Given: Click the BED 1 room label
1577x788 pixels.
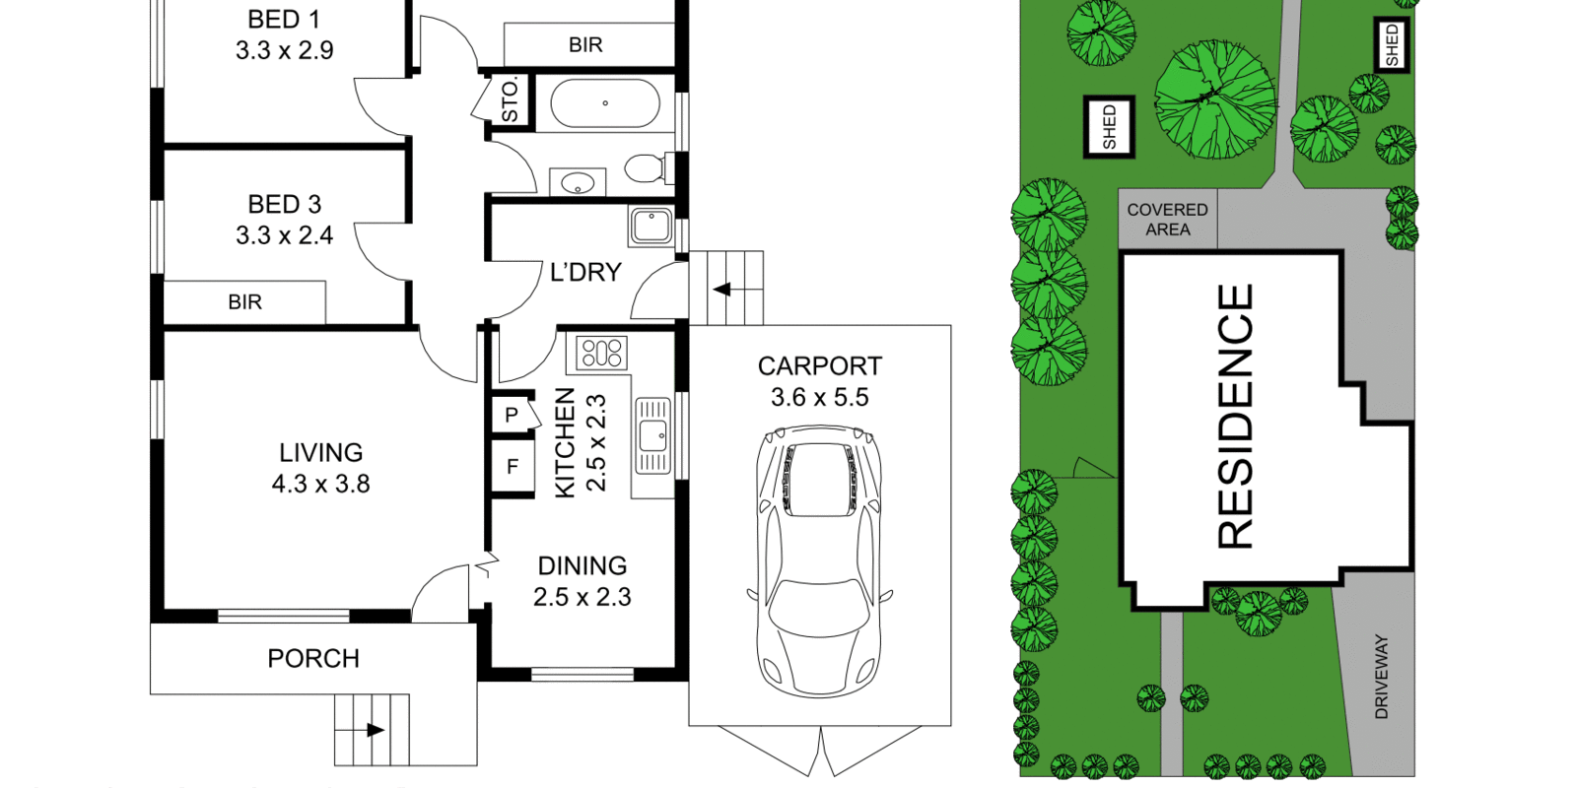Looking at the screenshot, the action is (285, 20).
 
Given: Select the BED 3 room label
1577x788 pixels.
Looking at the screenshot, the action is (285, 205).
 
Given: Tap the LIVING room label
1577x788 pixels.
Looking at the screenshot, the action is (321, 452).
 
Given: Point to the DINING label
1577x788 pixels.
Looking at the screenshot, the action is (583, 565).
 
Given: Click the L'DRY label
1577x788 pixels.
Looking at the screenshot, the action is (585, 272).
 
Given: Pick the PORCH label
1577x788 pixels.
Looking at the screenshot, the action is (313, 659).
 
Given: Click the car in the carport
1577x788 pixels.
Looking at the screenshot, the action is (819, 561).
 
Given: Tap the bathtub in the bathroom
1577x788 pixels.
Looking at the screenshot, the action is (605, 103).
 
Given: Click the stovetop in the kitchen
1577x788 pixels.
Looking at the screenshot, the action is (601, 353).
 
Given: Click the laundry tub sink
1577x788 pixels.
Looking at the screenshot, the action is (651, 226).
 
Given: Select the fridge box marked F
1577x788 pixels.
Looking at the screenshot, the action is (513, 466).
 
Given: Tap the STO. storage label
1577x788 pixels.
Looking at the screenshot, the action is (510, 99).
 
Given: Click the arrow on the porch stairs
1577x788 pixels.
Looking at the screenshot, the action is (367, 730).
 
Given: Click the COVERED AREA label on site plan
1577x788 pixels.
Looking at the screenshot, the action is (1167, 220).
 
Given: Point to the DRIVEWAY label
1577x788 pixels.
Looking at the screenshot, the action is (1381, 677).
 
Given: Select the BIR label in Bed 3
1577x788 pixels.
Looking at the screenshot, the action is (245, 302).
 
